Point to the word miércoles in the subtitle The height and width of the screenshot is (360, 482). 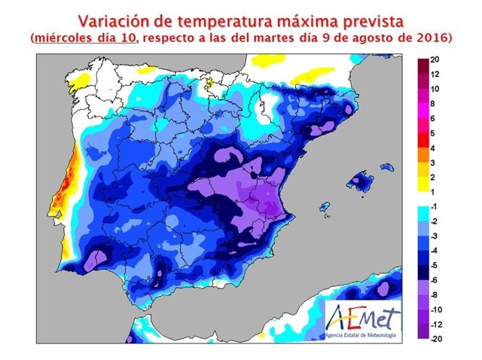[66, 37]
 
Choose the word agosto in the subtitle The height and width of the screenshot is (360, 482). [377, 37]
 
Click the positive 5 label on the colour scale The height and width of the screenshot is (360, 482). [435, 133]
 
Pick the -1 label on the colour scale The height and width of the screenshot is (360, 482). [435, 206]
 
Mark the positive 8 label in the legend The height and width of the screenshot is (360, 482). [435, 103]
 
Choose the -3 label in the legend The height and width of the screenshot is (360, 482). [435, 236]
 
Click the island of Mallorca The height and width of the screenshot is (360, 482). [361, 181]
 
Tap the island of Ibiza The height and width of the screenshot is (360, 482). [325, 206]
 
